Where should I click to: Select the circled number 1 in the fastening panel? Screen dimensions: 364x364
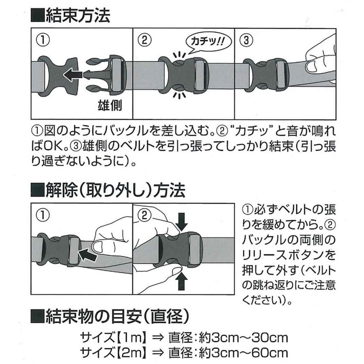[x=43, y=40]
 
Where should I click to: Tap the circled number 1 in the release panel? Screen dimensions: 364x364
[x=42, y=213]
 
